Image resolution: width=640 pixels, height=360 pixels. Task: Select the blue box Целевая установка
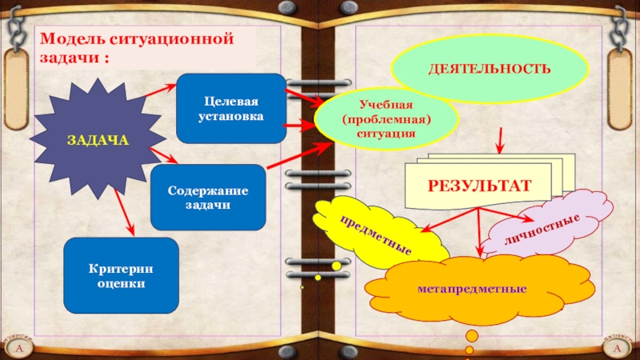pos(231,108)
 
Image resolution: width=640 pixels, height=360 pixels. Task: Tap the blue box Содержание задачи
pos(208,197)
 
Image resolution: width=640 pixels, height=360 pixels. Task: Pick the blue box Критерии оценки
pos(121,275)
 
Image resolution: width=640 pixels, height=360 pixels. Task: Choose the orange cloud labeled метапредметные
pos(472,287)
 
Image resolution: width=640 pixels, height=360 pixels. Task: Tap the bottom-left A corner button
pos(18,350)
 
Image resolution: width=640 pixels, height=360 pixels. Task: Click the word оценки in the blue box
pos(121,283)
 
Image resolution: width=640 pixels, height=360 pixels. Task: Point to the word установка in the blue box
pos(231,116)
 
